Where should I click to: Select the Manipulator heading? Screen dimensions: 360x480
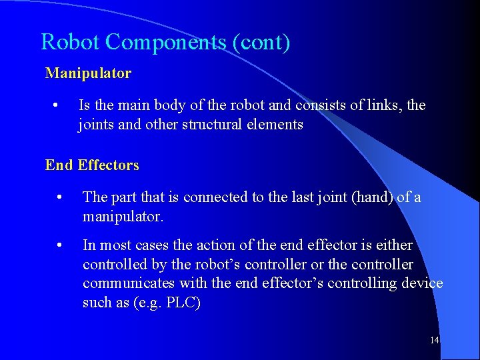pyautogui.click(x=88, y=73)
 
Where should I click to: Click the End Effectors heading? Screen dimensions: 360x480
pyautogui.click(x=92, y=165)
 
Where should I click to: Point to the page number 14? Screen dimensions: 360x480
pyautogui.click(x=434, y=341)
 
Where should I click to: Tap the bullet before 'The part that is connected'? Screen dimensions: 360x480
pyautogui.click(x=60, y=197)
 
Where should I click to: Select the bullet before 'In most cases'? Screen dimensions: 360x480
pyautogui.click(x=60, y=245)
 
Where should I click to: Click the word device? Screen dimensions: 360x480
pyautogui.click(x=422, y=283)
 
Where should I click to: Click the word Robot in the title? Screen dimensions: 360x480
pyautogui.click(x=70, y=43)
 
